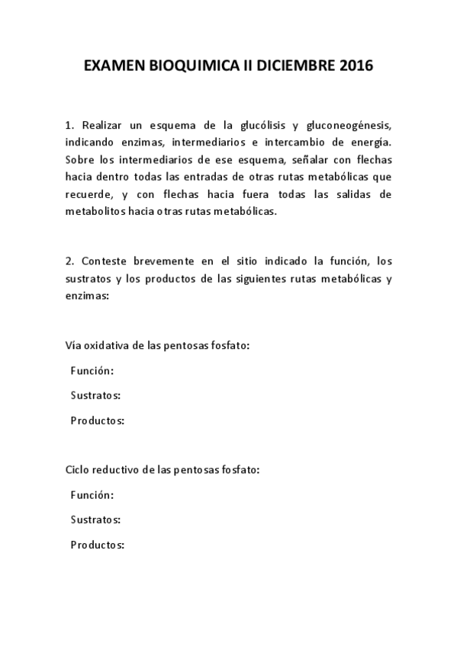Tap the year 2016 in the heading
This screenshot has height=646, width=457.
[351, 66]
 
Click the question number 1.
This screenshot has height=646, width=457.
[69, 125]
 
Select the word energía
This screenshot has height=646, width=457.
[368, 142]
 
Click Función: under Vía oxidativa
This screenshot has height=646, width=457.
[92, 370]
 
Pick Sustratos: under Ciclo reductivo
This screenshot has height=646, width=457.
[95, 520]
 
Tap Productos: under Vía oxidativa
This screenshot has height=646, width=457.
[97, 420]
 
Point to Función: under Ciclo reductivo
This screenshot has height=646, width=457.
[92, 495]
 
